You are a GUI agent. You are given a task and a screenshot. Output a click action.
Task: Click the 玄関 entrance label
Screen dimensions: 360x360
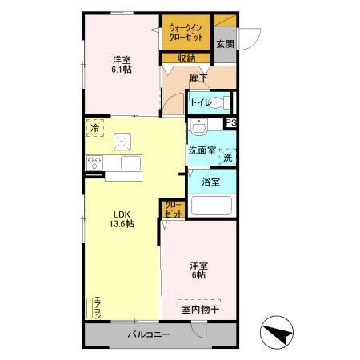point(225,45)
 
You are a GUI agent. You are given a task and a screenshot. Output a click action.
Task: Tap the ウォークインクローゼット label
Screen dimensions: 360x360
point(186,33)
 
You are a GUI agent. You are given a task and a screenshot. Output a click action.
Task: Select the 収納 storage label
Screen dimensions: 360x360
point(186,58)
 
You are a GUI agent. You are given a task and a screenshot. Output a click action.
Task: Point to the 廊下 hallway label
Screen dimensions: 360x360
point(199,78)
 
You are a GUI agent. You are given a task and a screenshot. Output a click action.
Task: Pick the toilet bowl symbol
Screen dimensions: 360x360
point(223,102)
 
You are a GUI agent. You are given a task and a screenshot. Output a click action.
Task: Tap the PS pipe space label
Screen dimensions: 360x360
point(231,122)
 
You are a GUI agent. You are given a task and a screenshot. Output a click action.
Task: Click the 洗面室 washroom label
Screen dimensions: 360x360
point(202,150)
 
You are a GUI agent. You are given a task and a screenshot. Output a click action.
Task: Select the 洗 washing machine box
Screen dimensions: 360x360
point(227,158)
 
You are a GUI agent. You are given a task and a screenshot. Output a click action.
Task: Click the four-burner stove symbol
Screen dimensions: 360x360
point(94,163)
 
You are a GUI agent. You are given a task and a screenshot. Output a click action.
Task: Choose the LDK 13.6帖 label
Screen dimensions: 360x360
point(122,218)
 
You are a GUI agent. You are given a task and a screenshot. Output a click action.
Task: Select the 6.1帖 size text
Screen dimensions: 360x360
point(122,70)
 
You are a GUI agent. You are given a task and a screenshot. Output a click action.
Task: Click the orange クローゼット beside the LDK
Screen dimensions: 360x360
point(173,210)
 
